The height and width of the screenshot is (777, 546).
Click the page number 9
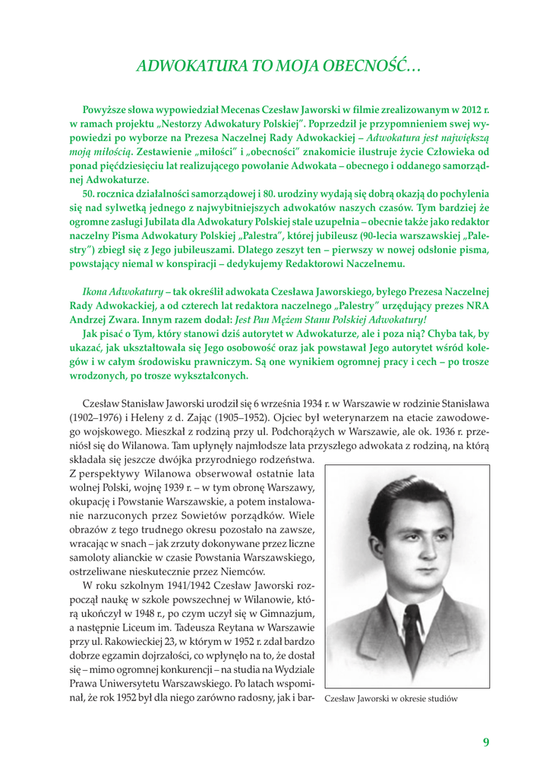pos(485,741)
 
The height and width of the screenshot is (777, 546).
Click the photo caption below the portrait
pos(391,699)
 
